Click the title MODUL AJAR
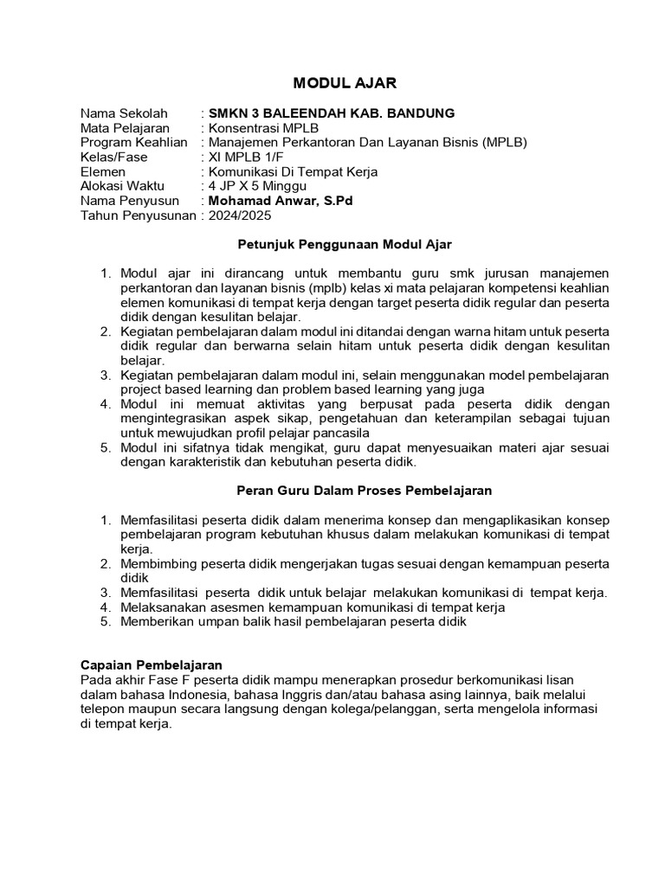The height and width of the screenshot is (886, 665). [332, 83]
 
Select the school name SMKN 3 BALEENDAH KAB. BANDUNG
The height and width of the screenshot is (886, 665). [331, 113]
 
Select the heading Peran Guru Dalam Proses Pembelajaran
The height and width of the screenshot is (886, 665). [365, 491]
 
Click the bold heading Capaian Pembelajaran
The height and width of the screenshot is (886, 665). [152, 665]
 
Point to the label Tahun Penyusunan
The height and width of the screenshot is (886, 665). [137, 215]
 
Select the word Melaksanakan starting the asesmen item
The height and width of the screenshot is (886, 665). [161, 607]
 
